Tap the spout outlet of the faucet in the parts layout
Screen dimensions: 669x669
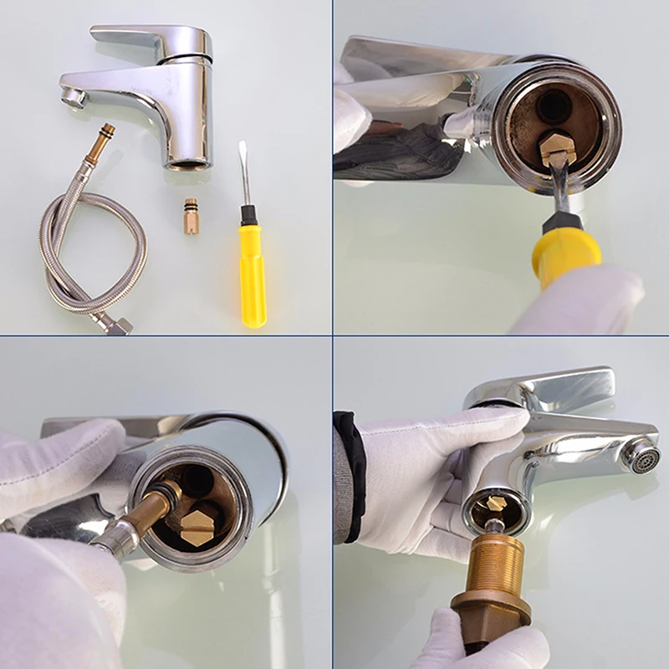pos(74,99)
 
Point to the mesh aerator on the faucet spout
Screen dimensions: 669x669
pos(642,457)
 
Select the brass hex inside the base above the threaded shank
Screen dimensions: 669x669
pos(497,504)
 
